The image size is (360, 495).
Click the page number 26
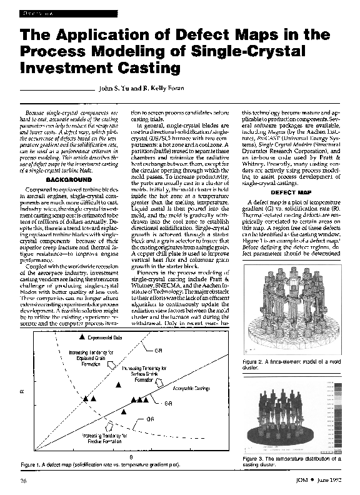pos(23,480)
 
